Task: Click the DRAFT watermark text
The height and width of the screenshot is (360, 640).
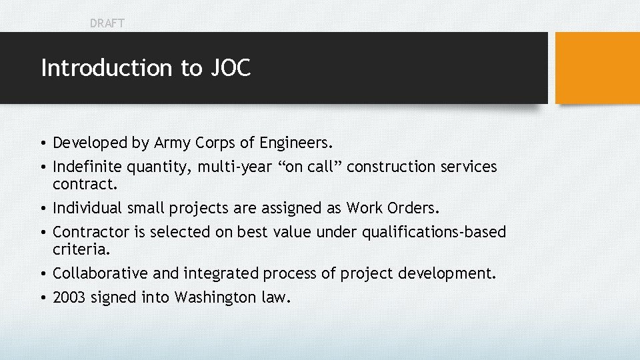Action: point(107,23)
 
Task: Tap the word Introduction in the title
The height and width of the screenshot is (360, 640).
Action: point(107,68)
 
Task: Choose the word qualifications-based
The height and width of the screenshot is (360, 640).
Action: point(434,232)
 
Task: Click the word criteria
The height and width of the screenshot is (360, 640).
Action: point(79,249)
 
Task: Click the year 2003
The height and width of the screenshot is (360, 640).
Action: point(69,297)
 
